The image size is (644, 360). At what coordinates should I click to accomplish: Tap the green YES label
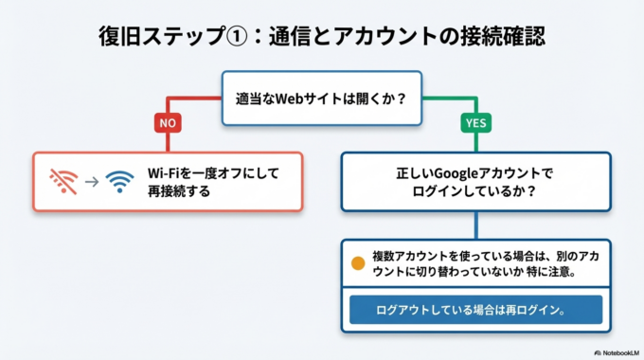click(x=474, y=123)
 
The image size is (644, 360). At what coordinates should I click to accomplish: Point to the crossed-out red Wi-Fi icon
click(x=64, y=180)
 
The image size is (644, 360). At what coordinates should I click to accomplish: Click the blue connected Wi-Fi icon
click(x=120, y=180)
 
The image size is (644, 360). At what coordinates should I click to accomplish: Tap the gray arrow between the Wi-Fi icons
click(x=92, y=180)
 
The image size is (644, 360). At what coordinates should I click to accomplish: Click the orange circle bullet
click(x=358, y=264)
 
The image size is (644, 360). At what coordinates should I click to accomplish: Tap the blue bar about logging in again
click(x=474, y=310)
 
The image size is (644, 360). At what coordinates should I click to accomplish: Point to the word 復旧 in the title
click(x=117, y=36)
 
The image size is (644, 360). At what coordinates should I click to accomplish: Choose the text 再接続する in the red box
click(x=178, y=190)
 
